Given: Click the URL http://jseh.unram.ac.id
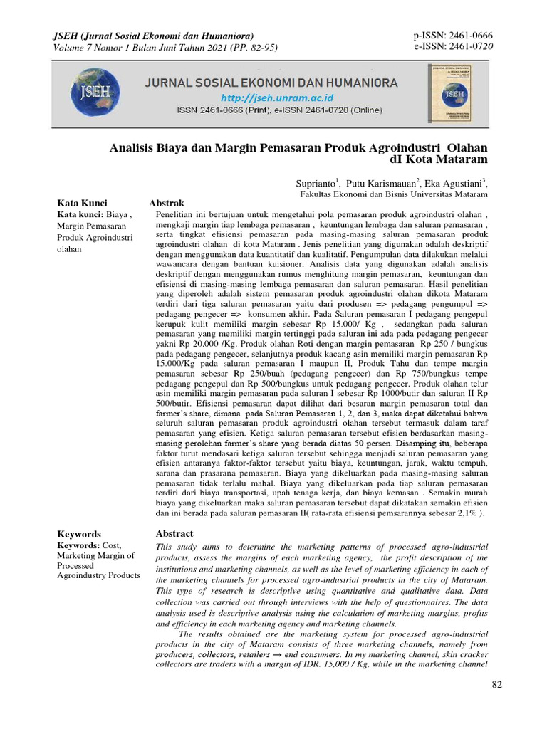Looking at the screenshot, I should [x=267, y=98].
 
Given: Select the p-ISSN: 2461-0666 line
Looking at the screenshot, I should [x=452, y=36].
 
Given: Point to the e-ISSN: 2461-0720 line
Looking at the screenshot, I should [x=452, y=47].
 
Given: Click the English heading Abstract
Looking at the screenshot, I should [x=174, y=534].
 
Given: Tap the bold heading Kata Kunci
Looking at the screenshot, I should [x=82, y=204].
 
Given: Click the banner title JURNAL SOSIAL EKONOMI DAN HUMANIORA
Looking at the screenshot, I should [x=271, y=83].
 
